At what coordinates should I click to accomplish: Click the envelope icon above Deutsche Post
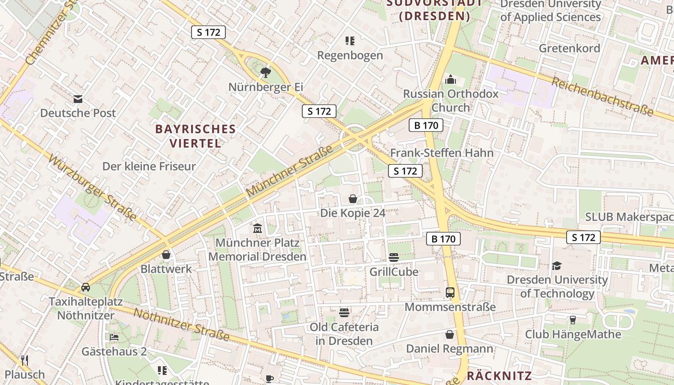click(78, 99)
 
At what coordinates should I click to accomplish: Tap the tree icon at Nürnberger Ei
click(265, 73)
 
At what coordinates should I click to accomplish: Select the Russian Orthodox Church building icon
click(451, 79)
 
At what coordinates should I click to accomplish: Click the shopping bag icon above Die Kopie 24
click(353, 199)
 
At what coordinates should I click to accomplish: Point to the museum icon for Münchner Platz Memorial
click(257, 229)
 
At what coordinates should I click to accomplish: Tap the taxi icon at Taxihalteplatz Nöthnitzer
click(86, 287)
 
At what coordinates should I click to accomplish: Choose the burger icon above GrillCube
click(394, 257)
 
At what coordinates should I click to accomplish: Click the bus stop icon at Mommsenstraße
click(450, 292)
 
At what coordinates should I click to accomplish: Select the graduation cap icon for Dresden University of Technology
click(557, 266)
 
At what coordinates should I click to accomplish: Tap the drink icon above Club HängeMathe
click(572, 320)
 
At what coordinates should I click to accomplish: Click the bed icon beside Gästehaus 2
click(114, 337)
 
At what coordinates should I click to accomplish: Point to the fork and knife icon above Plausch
click(25, 360)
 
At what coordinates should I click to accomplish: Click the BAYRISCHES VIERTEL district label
click(195, 136)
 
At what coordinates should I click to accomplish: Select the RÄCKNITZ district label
click(499, 376)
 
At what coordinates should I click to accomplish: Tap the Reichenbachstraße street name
click(602, 97)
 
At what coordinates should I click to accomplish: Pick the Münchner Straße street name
click(290, 171)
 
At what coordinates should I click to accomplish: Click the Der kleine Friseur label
click(149, 167)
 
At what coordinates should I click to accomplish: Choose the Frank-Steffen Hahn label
click(441, 153)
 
